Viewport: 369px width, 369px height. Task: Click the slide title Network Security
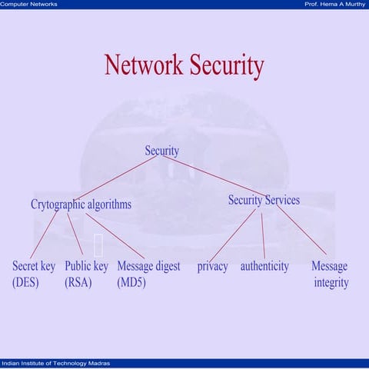[x=184, y=65]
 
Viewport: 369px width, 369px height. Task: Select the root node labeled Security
[x=162, y=151]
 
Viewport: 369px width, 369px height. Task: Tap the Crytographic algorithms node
[x=81, y=204]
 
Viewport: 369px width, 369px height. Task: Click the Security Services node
[x=264, y=200]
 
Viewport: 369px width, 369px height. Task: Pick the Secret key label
[x=34, y=266]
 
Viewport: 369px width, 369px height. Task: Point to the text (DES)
[x=25, y=282]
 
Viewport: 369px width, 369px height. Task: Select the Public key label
[x=86, y=266]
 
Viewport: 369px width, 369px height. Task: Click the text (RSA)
[x=78, y=282]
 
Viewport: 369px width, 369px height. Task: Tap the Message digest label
[x=148, y=266]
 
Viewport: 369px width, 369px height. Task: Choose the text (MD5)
[x=131, y=282]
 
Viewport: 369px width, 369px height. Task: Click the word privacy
[x=212, y=266]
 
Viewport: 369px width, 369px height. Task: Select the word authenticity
[x=264, y=266]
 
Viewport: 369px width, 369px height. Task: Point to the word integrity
[x=331, y=282]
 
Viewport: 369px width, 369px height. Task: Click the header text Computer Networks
[x=28, y=5]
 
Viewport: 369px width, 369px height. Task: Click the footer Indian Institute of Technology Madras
[x=55, y=363]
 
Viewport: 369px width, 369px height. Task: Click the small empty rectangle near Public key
[x=98, y=245]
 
